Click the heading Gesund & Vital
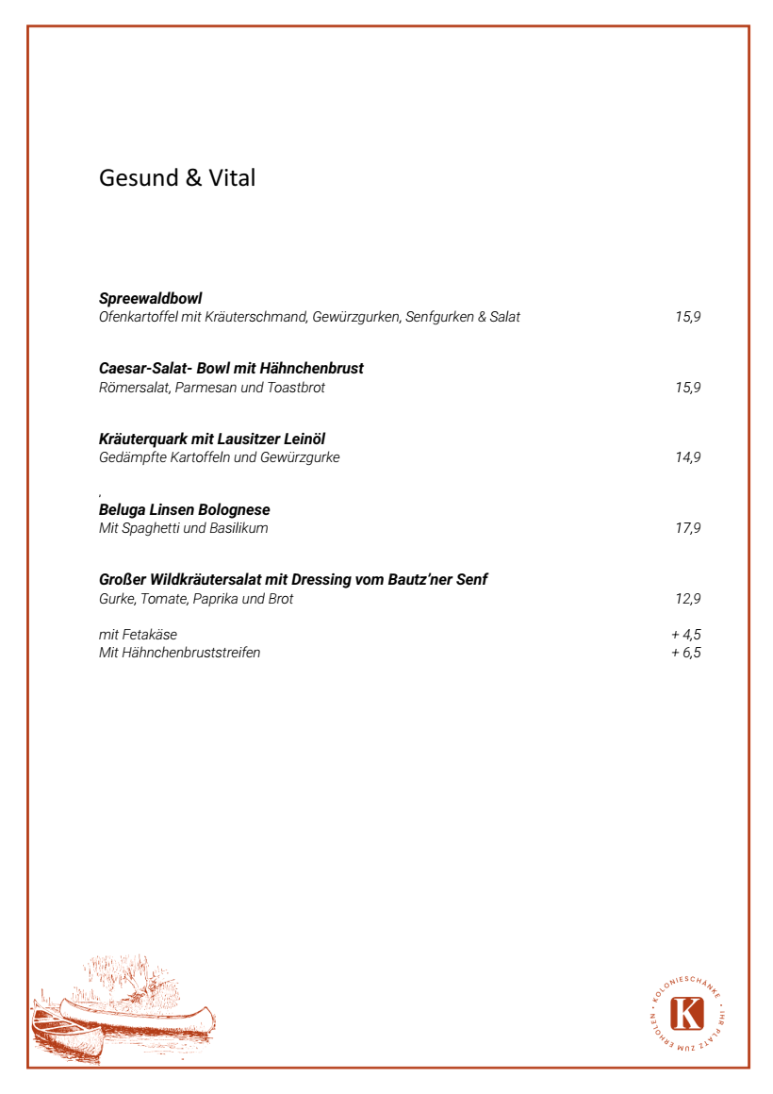pyautogui.click(x=177, y=178)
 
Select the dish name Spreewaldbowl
pyautogui.click(x=151, y=299)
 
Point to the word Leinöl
pyautogui.click(x=304, y=439)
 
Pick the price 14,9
pyautogui.click(x=687, y=457)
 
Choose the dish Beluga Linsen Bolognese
pyautogui.click(x=185, y=510)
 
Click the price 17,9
pyautogui.click(x=687, y=528)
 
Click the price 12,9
pyautogui.click(x=687, y=599)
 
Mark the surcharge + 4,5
pyautogui.click(x=685, y=635)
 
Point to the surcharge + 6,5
pyautogui.click(x=685, y=653)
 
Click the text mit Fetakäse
pyautogui.click(x=138, y=635)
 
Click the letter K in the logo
pyautogui.click(x=687, y=1014)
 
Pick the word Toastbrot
pyautogui.click(x=296, y=388)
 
